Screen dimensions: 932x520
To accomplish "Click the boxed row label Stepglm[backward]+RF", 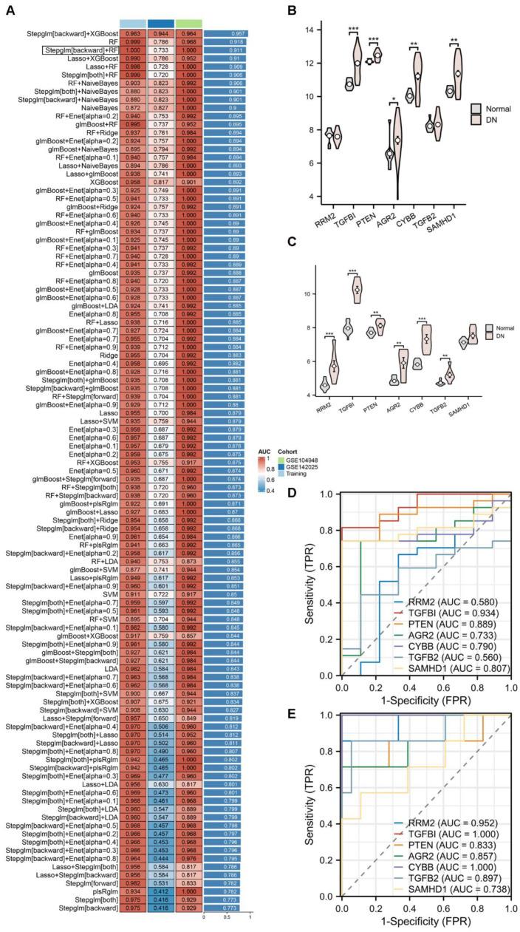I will (x=79, y=50).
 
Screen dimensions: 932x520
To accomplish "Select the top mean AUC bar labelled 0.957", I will (x=225, y=33).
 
